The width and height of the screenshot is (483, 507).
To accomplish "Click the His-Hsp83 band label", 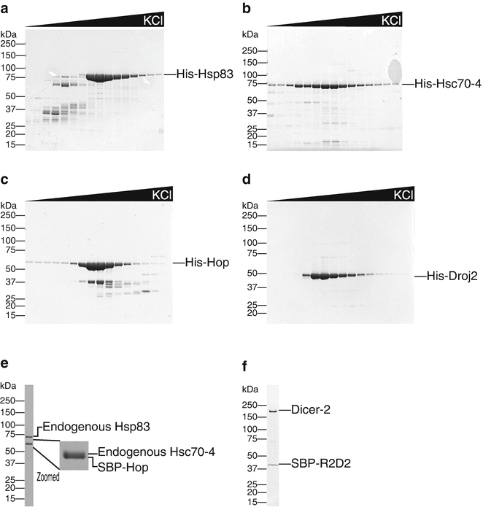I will point(206,74).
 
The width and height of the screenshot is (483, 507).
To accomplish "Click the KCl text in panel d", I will point(402,196).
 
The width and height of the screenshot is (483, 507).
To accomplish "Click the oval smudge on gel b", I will point(394,71).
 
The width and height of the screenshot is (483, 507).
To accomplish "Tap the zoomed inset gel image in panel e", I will point(73,453).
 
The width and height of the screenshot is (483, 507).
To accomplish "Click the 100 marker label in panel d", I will point(252,241).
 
